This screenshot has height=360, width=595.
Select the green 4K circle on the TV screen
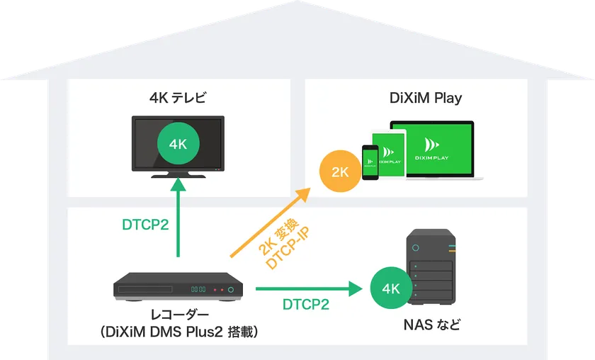coord(178,144)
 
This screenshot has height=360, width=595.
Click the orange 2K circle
coord(340,171)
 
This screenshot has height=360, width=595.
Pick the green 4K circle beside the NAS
coord(391,288)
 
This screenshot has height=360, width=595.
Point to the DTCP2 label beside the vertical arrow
coord(145,225)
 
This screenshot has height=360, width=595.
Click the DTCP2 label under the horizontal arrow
coord(306,305)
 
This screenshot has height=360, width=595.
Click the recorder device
coord(178,286)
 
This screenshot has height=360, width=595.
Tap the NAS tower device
coord(429,269)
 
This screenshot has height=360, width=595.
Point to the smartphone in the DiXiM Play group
coord(370,162)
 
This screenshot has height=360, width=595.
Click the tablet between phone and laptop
coord(391,155)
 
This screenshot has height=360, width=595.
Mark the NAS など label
coord(431,325)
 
